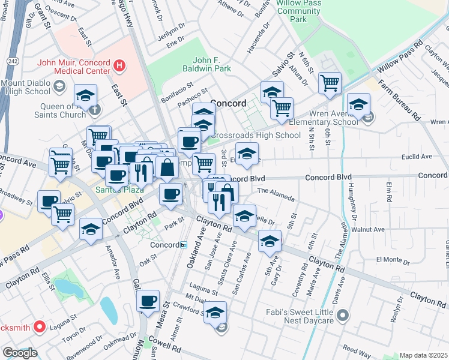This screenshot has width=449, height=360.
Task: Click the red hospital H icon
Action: click(x=119, y=65)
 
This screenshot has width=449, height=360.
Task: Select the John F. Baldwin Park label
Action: click(x=212, y=64)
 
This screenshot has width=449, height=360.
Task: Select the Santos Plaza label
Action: click(x=119, y=190)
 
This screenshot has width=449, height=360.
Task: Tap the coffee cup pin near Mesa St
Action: click(x=148, y=301)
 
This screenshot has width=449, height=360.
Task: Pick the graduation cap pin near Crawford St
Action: click(x=215, y=312)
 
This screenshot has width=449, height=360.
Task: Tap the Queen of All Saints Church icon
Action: click(x=95, y=109)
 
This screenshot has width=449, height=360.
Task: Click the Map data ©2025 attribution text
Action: click(x=424, y=355)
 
